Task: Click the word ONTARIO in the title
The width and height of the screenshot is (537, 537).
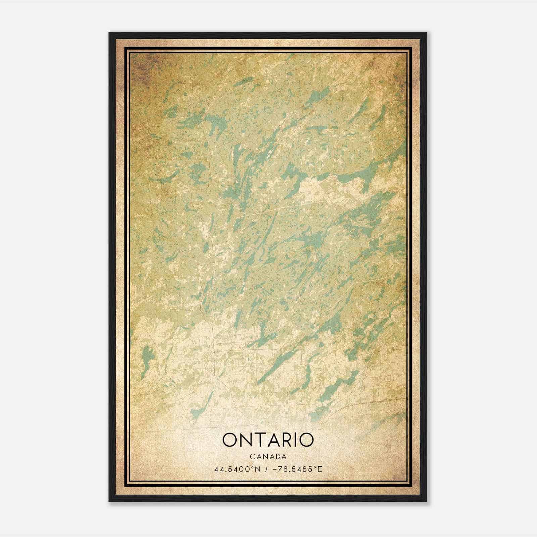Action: pyautogui.click(x=268, y=440)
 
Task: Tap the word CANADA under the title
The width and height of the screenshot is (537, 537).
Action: pyautogui.click(x=268, y=457)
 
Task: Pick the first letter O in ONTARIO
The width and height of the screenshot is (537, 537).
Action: pyautogui.click(x=230, y=440)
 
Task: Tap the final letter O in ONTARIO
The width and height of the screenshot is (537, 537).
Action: pyautogui.click(x=305, y=440)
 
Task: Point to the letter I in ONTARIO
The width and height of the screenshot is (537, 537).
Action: pyautogui.click(x=294, y=440)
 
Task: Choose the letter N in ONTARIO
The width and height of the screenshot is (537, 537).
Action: pyautogui.click(x=246, y=440)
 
